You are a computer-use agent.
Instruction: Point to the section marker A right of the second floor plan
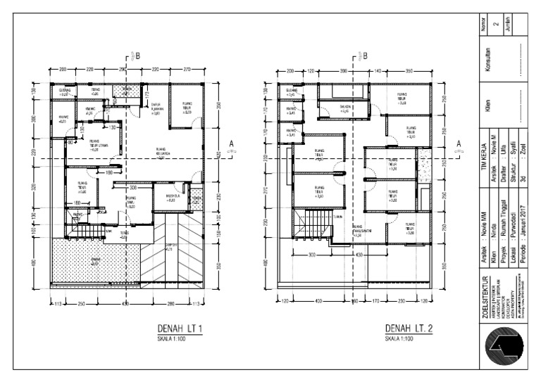pyautogui.click(x=459, y=144)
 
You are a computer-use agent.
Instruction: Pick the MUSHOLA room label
pyautogui.click(x=170, y=199)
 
